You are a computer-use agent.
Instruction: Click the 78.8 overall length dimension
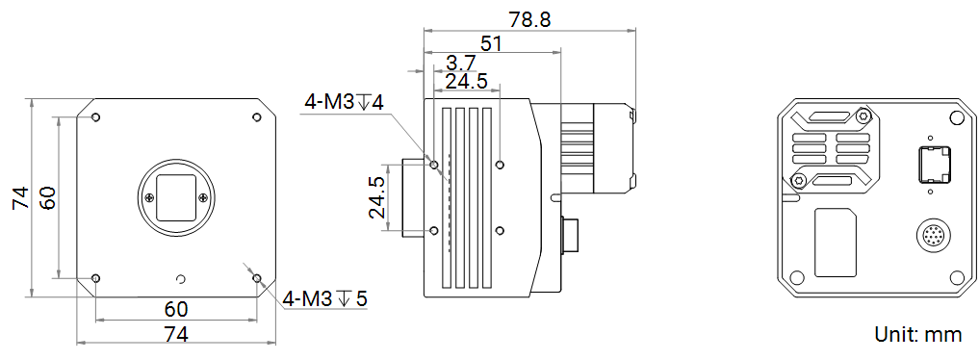tap(530, 19)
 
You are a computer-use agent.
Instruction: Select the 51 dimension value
tap(490, 43)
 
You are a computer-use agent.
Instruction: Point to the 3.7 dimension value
tap(461, 64)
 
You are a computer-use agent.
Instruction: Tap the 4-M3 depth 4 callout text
tap(345, 102)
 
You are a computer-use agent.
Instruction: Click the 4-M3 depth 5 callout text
tap(325, 298)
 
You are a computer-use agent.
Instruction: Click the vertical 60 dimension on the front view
tap(47, 197)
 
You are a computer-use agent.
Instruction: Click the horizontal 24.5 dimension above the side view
tap(466, 82)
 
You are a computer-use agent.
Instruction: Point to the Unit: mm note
tap(917, 334)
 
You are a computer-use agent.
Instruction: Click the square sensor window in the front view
tap(175, 197)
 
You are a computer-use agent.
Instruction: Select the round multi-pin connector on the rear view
tap(932, 236)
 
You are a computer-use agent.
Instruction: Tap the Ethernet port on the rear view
tap(931, 166)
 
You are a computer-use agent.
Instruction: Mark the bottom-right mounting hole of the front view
tap(256, 278)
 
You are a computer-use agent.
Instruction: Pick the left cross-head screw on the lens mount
tap(148, 197)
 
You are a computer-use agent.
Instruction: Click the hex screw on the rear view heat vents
tap(798, 181)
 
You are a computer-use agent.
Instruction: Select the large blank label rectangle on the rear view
tap(837, 242)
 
